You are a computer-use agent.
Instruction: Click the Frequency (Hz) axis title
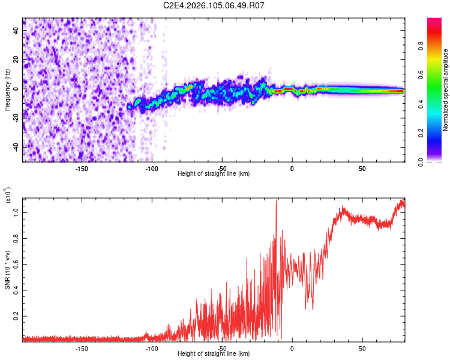coord(7,89)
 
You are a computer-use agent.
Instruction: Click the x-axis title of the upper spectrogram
coord(214,174)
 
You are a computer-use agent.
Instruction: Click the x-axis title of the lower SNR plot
coord(214,354)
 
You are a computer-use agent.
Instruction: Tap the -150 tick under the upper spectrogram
coord(82,168)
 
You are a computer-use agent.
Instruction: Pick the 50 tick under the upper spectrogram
coord(362,168)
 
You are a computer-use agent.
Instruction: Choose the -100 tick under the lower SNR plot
coord(152,348)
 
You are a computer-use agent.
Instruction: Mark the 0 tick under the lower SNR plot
coord(292,348)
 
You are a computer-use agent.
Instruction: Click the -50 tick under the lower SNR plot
coord(222,348)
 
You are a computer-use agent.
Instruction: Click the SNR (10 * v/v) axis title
coord(7,271)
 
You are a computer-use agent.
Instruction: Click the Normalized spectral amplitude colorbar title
coord(446,90)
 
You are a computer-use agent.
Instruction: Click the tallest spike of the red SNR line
coord(276,200)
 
